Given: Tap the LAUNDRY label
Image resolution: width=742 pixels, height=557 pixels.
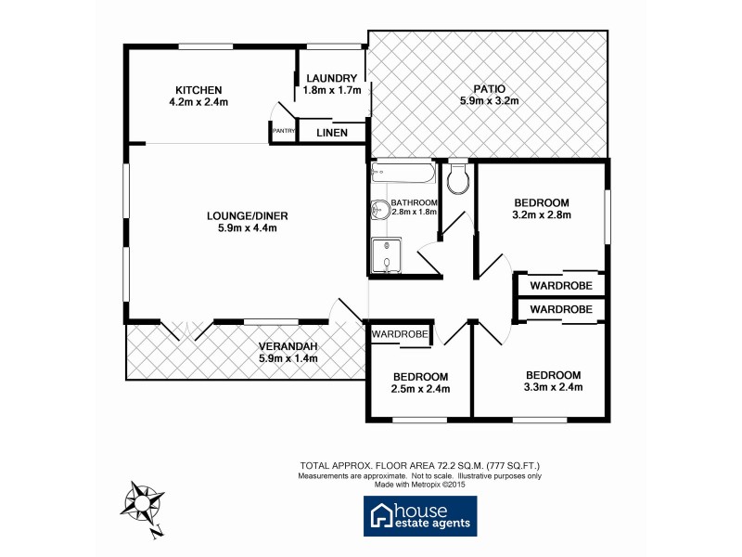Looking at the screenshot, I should click(329, 78).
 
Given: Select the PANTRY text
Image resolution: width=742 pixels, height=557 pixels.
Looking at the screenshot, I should click(283, 132).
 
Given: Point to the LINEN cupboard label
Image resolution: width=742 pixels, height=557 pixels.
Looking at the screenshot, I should click(332, 133).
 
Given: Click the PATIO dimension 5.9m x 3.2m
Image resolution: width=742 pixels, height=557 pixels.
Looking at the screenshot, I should click(488, 101).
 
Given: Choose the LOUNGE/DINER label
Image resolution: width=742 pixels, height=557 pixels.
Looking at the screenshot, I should click(241, 216).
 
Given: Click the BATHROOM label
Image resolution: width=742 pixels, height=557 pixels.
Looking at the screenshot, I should click(414, 202).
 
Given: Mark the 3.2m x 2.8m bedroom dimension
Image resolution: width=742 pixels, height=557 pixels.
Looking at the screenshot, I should click(541, 214).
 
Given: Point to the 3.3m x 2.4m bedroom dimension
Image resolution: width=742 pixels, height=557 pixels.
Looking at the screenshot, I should click(552, 387).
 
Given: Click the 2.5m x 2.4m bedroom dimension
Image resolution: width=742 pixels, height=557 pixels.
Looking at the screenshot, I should click(420, 389).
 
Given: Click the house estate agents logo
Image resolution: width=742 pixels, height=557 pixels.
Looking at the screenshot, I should click(419, 516).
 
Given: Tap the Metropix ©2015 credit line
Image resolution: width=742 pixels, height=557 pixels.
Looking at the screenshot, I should click(419, 484).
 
